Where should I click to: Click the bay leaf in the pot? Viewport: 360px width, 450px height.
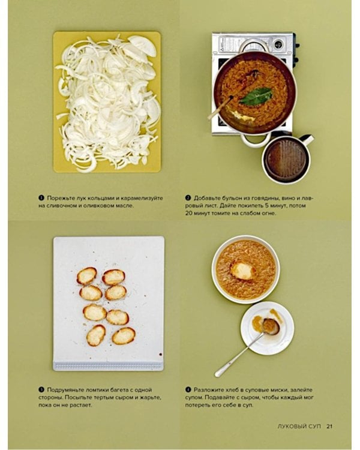(256, 96)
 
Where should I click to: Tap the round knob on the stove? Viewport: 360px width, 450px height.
(278, 44)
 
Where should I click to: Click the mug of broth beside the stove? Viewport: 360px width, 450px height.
(287, 159)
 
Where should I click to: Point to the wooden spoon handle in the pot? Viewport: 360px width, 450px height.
(220, 107)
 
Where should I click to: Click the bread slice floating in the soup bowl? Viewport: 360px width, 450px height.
(242, 271)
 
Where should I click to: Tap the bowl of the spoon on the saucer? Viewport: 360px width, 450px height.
(271, 326)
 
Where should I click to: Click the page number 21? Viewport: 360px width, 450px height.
(329, 426)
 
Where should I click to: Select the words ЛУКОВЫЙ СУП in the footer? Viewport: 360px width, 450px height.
(299, 426)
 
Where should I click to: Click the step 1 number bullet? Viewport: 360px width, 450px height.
(41, 198)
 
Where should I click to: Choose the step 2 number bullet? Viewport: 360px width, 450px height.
(188, 198)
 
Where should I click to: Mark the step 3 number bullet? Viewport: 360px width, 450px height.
(41, 390)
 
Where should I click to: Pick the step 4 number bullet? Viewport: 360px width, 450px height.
(188, 390)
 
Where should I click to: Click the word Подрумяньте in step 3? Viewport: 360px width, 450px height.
(67, 390)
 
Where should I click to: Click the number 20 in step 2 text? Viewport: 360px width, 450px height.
(189, 213)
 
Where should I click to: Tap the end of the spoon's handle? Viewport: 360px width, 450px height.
(218, 374)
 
